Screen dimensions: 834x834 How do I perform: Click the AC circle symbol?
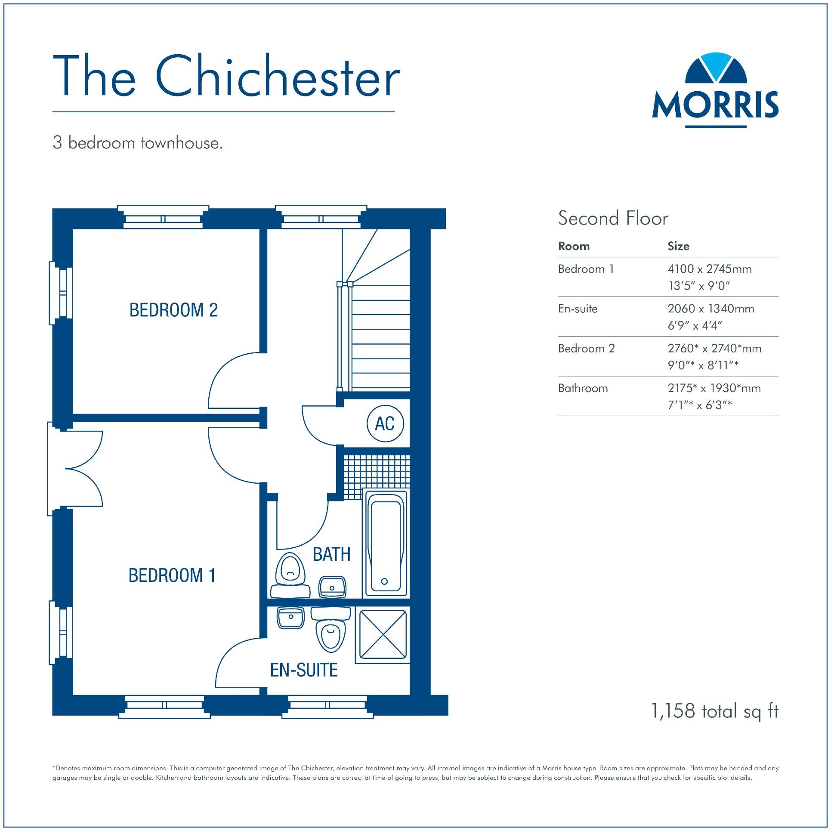point(385,423)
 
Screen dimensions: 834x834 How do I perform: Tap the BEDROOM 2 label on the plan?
point(173,310)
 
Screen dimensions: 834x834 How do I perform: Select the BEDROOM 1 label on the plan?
point(172,575)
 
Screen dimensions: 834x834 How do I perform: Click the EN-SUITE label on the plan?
point(304,670)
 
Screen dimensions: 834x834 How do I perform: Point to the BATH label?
point(331,554)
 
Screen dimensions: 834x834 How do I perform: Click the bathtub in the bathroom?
point(385,544)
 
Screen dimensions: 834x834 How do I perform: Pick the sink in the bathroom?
point(332,587)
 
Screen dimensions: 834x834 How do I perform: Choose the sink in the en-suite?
point(291,618)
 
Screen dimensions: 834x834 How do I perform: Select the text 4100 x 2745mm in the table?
point(709,269)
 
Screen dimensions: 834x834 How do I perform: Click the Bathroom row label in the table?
point(583,389)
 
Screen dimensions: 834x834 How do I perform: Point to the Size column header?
point(678,247)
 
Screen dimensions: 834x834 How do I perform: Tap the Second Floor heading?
point(613,219)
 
